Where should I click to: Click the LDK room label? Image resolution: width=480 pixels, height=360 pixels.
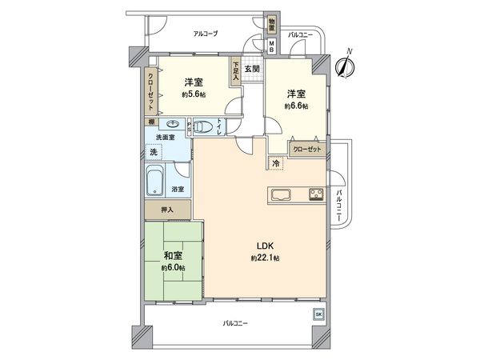263,246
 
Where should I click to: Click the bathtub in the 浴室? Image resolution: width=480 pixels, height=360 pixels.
157,182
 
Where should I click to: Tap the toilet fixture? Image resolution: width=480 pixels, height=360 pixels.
207,126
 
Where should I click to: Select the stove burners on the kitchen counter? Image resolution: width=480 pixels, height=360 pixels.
313,194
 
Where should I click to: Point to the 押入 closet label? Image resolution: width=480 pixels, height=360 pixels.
168,210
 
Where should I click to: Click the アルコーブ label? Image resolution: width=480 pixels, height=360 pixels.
205,33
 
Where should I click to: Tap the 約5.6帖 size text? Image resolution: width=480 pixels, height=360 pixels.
192,94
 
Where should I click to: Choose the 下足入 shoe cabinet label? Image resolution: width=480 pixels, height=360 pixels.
236,72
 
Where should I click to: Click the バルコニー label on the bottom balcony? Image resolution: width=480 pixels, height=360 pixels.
234,324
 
